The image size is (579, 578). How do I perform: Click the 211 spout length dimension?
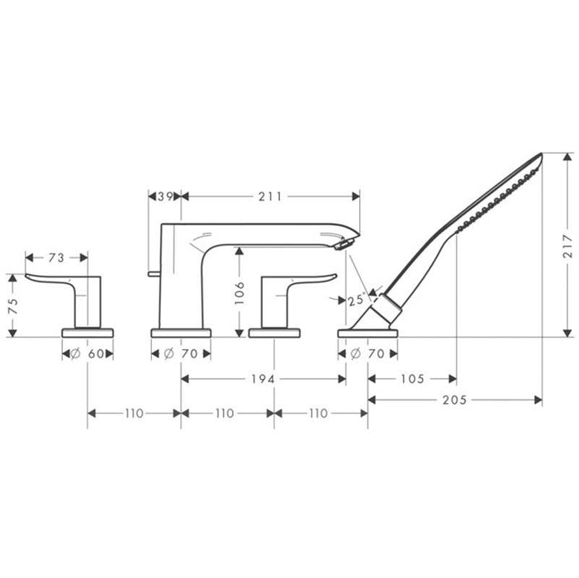[x=270, y=197]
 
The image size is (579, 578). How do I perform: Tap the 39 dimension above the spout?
[x=164, y=197]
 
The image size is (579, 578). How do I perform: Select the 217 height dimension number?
[x=567, y=245]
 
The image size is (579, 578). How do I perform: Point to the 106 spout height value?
[x=239, y=290]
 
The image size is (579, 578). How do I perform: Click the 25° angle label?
[x=357, y=300]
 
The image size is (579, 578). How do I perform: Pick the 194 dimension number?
[x=263, y=379]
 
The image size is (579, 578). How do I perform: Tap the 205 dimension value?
[x=454, y=400]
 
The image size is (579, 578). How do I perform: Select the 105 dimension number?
[x=411, y=379]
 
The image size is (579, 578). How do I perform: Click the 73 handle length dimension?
[x=56, y=258]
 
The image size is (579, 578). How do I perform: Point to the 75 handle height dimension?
[x=12, y=306]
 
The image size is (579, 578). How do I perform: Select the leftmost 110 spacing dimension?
[x=134, y=413]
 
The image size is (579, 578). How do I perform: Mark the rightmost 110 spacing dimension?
[x=320, y=413]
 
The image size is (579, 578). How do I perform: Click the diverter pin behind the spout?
[x=152, y=272]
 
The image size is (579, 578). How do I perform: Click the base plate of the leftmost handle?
[x=88, y=333]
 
